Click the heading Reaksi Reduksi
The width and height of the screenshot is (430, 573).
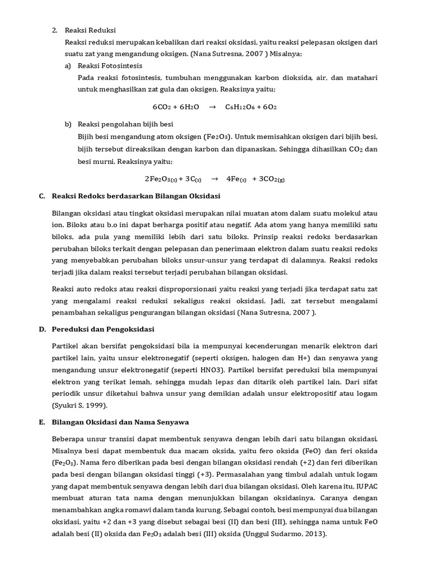tap(90, 30)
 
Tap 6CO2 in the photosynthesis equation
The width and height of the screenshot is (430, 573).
tap(162, 106)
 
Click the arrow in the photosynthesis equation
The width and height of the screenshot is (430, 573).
tap(212, 106)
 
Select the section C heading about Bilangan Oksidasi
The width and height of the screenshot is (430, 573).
tap(135, 196)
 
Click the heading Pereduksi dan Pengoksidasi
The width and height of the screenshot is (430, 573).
tap(102, 329)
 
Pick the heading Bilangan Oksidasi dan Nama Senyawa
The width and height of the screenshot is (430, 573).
tap(123, 422)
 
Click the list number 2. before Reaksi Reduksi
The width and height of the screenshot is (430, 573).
tap(55, 30)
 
